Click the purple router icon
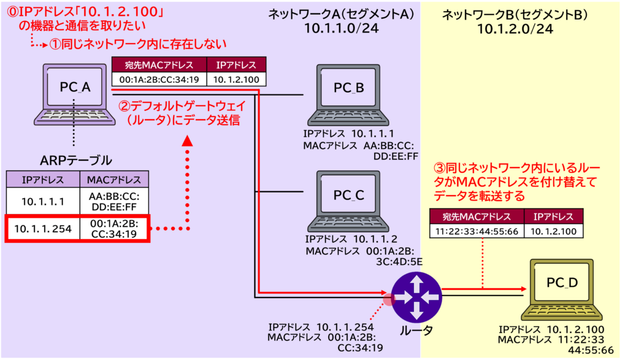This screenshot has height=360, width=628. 417,297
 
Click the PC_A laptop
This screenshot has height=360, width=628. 75,92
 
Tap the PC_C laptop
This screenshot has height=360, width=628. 348,199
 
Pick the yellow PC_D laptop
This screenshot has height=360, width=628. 562,288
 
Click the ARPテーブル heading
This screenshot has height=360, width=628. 76,161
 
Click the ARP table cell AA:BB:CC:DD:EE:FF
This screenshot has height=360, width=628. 115,201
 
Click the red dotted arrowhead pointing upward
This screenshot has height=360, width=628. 188,142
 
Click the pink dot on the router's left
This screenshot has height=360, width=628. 388,299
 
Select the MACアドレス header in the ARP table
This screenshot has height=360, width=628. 115,180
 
